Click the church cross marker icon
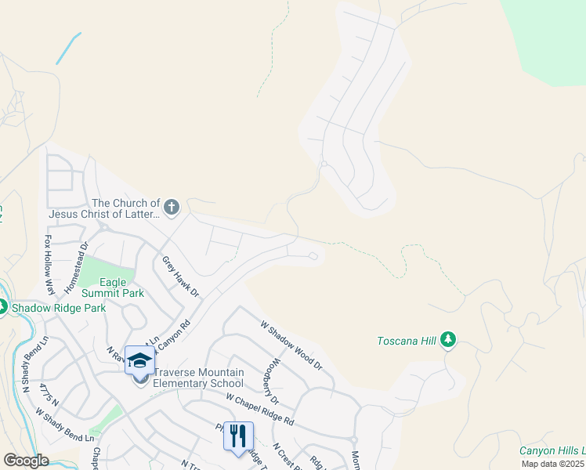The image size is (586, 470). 172,208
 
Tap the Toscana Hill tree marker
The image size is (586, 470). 448,339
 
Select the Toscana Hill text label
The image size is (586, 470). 407,341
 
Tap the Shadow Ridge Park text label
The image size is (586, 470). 58,308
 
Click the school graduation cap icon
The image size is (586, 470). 139,360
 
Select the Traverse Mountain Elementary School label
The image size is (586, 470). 199,378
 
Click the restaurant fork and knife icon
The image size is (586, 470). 238,436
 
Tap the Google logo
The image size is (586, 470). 27,461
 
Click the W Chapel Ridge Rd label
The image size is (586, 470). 259,409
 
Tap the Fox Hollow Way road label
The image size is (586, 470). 49,265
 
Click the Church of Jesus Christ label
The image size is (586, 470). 104,208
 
